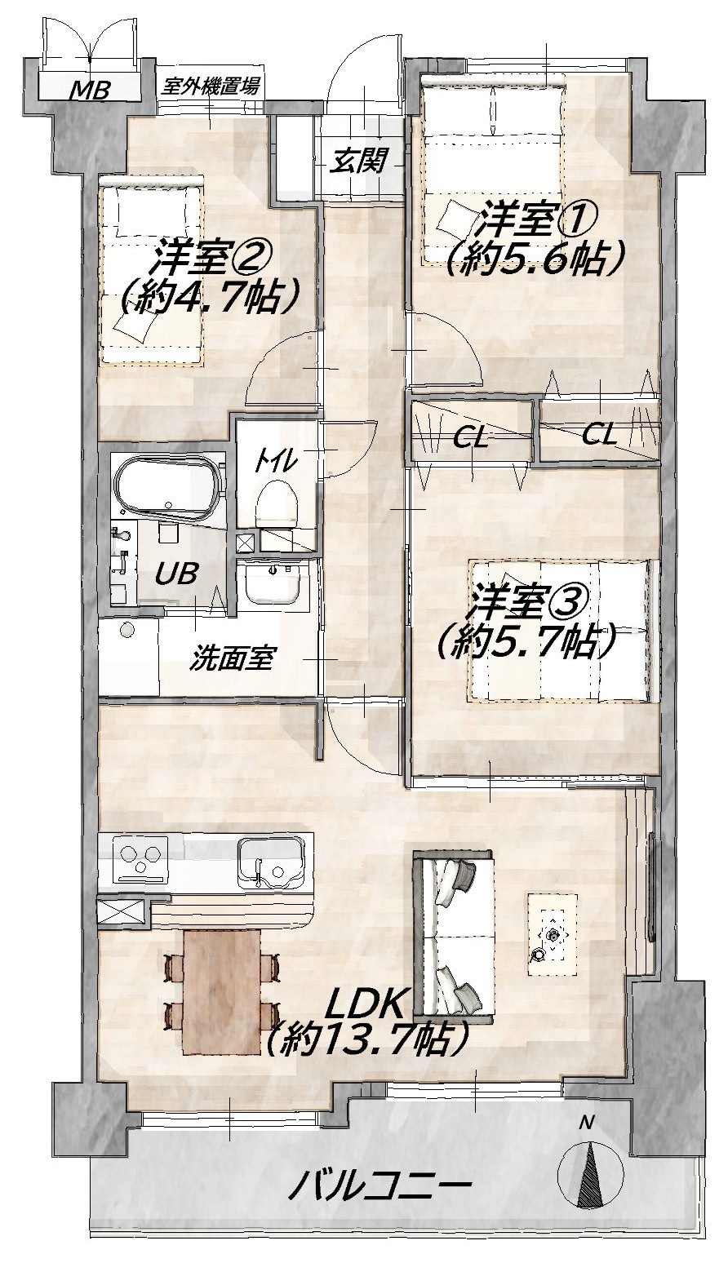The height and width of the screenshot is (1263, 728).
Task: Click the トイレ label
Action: pyautogui.click(x=274, y=462)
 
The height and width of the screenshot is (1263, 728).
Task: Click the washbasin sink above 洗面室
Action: pyautogui.click(x=274, y=585)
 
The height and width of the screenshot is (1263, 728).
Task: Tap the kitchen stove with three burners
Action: pyautogui.click(x=141, y=859)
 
